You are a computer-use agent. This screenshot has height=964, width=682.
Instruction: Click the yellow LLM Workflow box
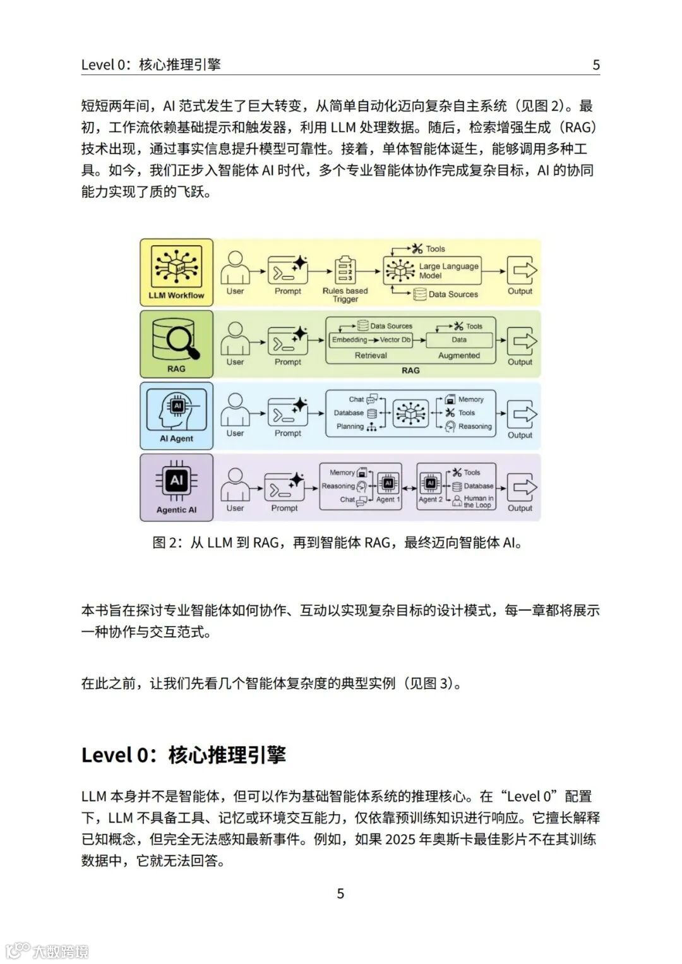point(176,272)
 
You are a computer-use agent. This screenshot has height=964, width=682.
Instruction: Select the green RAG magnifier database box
point(176,344)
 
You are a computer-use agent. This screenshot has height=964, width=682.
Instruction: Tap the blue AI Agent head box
point(176,416)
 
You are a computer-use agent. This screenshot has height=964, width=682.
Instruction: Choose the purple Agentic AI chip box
point(176,487)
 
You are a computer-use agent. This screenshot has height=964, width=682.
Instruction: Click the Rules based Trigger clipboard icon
point(345,270)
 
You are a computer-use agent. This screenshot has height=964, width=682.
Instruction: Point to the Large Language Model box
point(433,270)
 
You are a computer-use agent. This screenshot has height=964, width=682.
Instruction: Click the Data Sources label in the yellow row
point(453,294)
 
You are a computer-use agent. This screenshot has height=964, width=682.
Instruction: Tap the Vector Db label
point(395,340)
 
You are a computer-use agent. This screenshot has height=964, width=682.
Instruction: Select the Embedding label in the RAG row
point(349,340)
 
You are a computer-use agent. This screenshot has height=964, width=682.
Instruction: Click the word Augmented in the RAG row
point(459,356)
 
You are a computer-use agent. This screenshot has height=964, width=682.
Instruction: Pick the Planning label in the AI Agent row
point(350,426)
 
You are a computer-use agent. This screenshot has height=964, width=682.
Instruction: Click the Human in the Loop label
point(478,502)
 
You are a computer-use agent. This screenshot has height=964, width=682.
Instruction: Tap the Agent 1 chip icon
point(388,485)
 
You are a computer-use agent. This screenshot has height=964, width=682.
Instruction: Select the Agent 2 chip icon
point(431,485)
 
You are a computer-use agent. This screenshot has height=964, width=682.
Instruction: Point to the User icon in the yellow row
point(236,268)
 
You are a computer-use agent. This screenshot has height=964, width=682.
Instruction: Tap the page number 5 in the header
point(596,64)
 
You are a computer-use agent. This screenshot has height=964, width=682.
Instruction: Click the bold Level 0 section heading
point(184,755)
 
